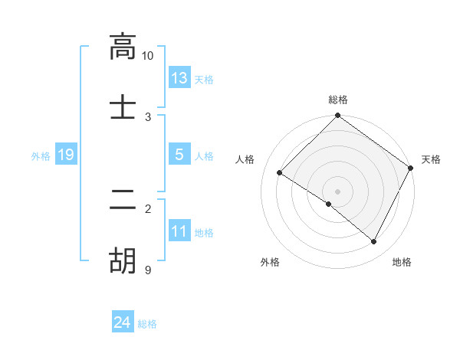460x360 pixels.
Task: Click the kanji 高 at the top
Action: pyautogui.click(x=122, y=47)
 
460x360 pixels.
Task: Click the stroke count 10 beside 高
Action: pyautogui.click(x=148, y=56)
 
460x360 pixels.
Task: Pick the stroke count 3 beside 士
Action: pyautogui.click(x=148, y=117)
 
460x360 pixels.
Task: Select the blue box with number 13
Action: pyautogui.click(x=179, y=78)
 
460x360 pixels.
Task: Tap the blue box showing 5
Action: pyautogui.click(x=179, y=155)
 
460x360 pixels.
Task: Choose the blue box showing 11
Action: pyautogui.click(x=179, y=231)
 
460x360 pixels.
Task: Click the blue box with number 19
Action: pyautogui.click(x=66, y=155)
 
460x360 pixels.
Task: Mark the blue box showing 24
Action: pyautogui.click(x=123, y=322)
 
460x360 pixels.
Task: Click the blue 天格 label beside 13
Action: pyautogui.click(x=204, y=80)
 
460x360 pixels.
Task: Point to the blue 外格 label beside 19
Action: pyautogui.click(x=41, y=156)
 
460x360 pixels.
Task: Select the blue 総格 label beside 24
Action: pyautogui.click(x=147, y=324)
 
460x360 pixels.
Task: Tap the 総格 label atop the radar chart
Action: pyautogui.click(x=338, y=100)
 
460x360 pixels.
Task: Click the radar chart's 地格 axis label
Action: pyautogui.click(x=402, y=262)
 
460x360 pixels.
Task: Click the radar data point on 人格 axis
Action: pyautogui.click(x=280, y=173)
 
